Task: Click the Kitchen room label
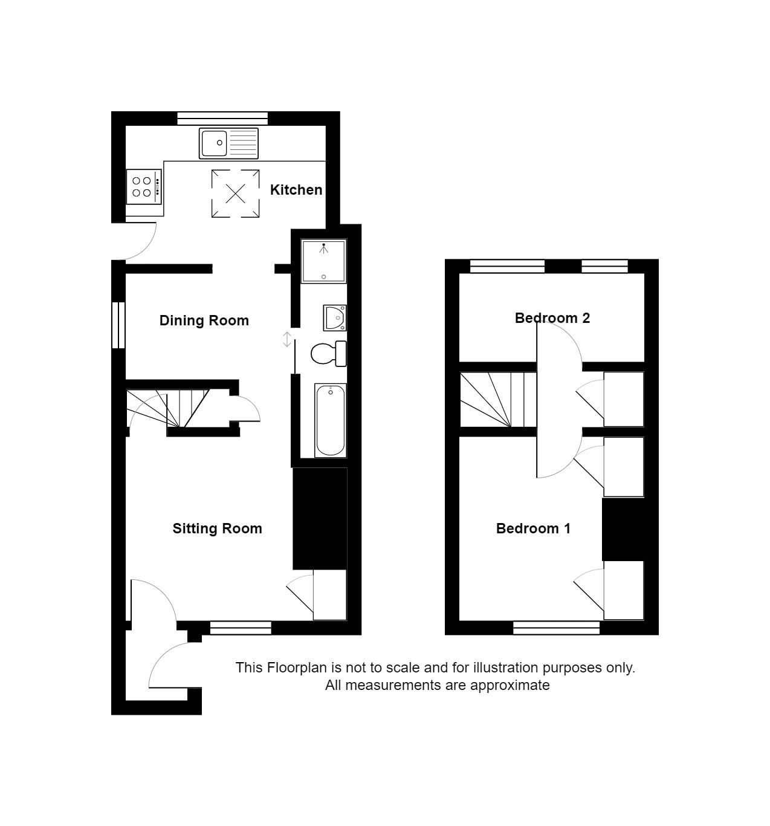[x=296, y=190]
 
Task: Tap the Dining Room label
[x=204, y=320]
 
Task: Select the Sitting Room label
[x=217, y=528]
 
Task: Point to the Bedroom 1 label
[x=533, y=528]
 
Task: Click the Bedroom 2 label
[x=552, y=318]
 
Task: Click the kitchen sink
[x=228, y=143]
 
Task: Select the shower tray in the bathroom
[x=323, y=261]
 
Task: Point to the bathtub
[x=330, y=420]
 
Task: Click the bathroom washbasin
[x=334, y=318]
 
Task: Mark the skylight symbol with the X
[x=235, y=193]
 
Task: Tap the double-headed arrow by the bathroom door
[x=287, y=339]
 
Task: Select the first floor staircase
[x=498, y=399]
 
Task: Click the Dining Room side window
[x=118, y=325]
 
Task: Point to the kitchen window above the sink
[x=222, y=119]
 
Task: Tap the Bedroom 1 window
[x=556, y=628]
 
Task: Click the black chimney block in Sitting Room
[x=320, y=518]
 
